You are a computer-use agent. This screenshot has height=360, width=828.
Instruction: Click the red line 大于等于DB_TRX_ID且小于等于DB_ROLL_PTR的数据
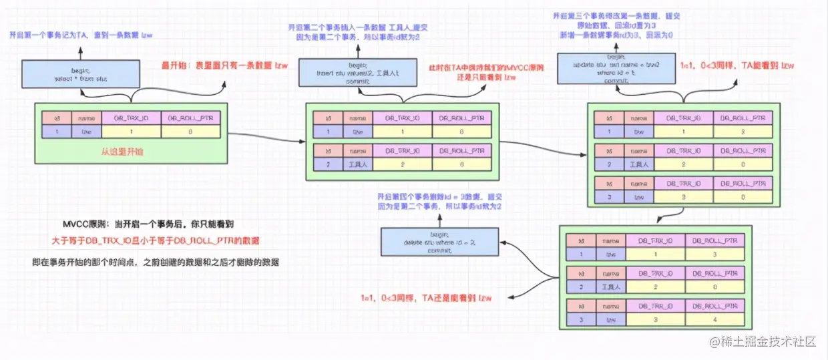click(x=156, y=240)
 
